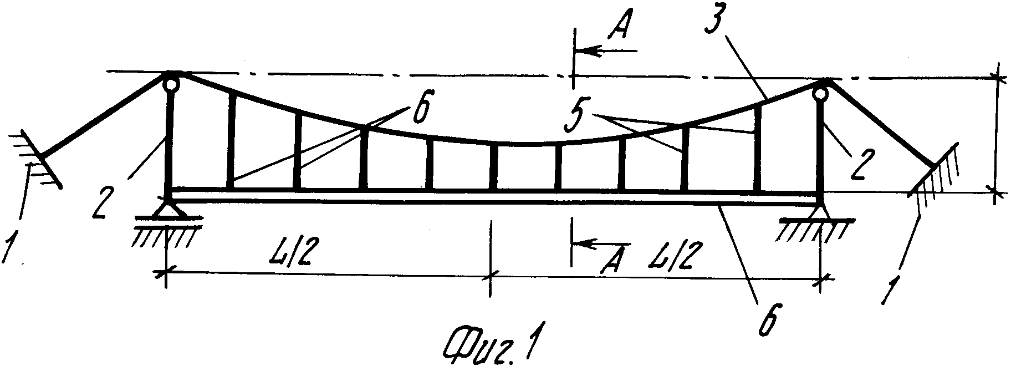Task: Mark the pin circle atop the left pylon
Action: click(171, 84)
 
